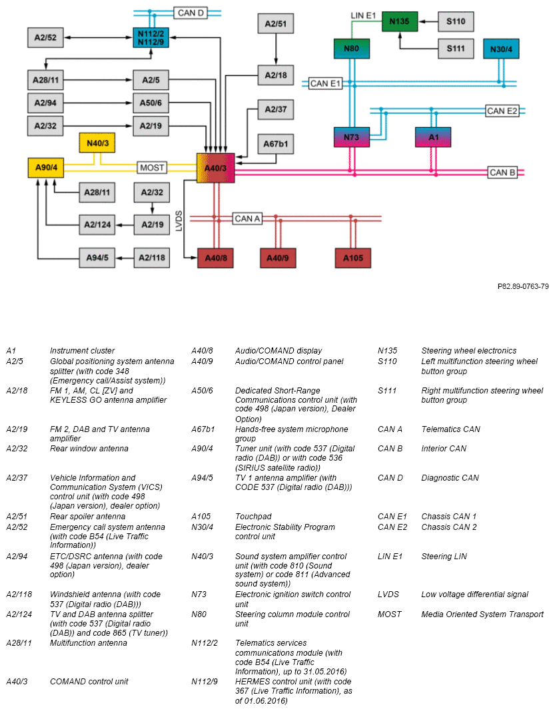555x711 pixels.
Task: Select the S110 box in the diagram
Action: point(456,22)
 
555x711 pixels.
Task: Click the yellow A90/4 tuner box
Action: point(45,167)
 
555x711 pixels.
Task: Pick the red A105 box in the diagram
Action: point(352,258)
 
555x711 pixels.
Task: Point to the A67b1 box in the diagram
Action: point(276,144)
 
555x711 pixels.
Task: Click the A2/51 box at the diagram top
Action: point(276,24)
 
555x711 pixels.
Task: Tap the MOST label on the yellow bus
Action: point(152,168)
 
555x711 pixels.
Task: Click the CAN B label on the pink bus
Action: point(503,172)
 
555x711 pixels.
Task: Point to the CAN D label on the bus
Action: point(191,13)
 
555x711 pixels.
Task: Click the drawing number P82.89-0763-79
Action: point(522,287)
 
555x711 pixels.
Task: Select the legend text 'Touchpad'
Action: point(251,517)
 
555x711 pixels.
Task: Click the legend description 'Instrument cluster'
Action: point(82,351)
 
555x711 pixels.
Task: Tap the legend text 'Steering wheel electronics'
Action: point(468,351)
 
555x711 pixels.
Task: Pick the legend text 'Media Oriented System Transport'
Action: point(482,614)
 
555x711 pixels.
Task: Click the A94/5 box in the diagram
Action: point(97,258)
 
